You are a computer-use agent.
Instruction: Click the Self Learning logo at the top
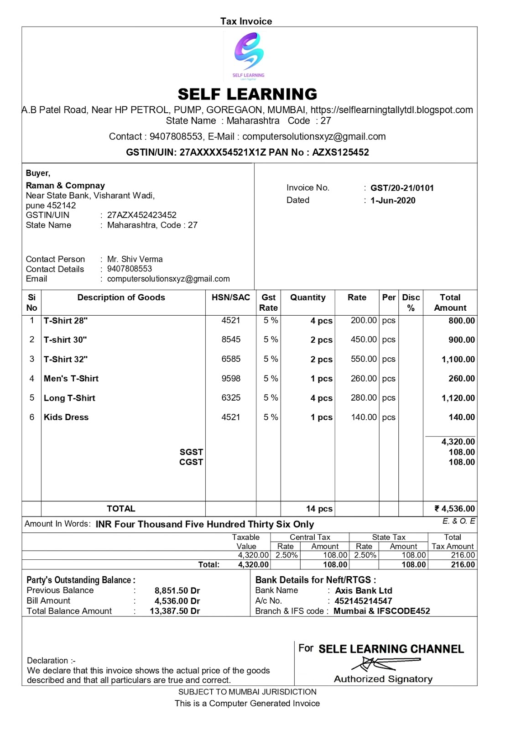(249, 55)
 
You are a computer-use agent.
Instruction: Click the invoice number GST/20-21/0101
(402, 188)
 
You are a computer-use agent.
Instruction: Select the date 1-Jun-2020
(393, 200)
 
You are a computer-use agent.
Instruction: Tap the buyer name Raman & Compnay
(65, 186)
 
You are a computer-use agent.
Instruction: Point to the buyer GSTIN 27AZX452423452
(141, 215)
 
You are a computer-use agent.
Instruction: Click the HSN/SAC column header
(231, 297)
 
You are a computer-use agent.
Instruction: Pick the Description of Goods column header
(121, 297)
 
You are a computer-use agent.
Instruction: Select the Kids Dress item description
(66, 417)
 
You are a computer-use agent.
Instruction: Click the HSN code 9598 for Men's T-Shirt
(231, 378)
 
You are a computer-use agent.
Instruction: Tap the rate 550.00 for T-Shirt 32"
(364, 359)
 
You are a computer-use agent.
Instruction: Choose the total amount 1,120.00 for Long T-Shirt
(458, 398)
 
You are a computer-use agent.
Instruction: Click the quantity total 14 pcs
(319, 509)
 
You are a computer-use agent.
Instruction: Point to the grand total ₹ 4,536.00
(454, 509)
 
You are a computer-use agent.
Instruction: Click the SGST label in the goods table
(191, 452)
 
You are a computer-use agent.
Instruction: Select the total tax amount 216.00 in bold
(463, 564)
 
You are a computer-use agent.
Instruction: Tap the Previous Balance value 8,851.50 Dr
(177, 591)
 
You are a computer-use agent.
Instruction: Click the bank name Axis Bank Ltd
(363, 591)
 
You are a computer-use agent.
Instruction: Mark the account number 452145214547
(363, 601)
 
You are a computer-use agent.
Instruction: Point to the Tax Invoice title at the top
(246, 21)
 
